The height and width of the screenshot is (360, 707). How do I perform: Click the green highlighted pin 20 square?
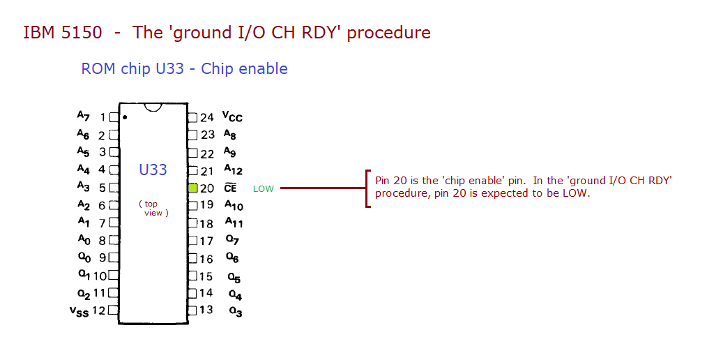pyautogui.click(x=193, y=188)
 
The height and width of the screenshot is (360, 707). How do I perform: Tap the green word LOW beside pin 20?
pyautogui.click(x=263, y=189)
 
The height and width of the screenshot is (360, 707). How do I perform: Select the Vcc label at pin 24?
pyautogui.click(x=232, y=117)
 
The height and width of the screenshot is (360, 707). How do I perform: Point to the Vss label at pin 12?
pyautogui.click(x=79, y=312)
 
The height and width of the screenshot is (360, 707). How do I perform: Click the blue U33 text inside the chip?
pyautogui.click(x=153, y=170)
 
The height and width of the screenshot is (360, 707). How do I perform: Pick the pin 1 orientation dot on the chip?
pyautogui.click(x=124, y=117)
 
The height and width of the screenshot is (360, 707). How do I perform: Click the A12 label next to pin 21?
pyautogui.click(x=233, y=170)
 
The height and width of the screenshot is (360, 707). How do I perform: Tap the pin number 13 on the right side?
pyautogui.click(x=206, y=310)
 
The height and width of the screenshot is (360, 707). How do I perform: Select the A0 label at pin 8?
pyautogui.click(x=84, y=239)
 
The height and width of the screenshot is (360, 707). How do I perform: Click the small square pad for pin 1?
pyautogui.click(x=114, y=117)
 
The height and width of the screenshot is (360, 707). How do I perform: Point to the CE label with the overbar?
pyautogui.click(x=230, y=188)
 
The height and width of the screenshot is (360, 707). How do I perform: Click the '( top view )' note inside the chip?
pyautogui.click(x=153, y=209)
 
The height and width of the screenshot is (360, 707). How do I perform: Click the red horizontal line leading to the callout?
pyautogui.click(x=321, y=188)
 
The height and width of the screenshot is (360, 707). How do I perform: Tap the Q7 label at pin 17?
pyautogui.click(x=232, y=240)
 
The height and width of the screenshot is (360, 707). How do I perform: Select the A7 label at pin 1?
pyautogui.click(x=84, y=115)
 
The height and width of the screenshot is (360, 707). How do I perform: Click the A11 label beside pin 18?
pyautogui.click(x=234, y=223)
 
